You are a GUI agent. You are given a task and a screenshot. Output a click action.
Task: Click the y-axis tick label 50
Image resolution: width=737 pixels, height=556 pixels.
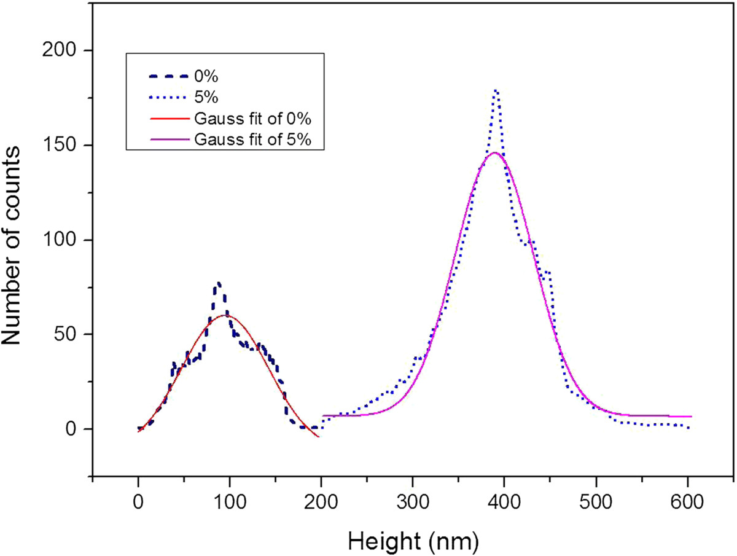click(65, 334)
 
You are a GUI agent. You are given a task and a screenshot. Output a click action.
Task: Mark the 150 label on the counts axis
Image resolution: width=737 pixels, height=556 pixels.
click(59, 146)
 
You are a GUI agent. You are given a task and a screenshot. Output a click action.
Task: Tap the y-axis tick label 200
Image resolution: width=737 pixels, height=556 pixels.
click(59, 50)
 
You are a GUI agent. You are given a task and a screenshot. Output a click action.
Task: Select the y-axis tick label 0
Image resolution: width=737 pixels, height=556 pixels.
click(71, 429)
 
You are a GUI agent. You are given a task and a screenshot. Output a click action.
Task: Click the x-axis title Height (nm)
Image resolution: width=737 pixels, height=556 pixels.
click(413, 541)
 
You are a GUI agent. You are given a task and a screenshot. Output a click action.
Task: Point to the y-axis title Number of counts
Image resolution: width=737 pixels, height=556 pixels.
click(10, 245)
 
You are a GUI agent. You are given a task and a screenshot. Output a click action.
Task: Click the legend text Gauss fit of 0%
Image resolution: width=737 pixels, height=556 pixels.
click(253, 119)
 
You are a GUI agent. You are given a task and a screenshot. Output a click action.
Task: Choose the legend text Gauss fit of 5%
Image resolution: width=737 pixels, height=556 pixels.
click(253, 139)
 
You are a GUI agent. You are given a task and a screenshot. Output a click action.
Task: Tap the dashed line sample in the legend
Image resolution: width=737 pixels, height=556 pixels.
click(168, 77)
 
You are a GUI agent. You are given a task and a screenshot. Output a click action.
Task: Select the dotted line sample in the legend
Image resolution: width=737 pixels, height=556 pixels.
click(167, 98)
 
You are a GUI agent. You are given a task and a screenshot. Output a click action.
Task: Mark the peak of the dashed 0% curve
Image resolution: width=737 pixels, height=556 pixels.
click(219, 283)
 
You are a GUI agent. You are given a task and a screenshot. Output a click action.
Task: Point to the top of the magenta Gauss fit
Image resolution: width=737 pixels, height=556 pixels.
click(494, 152)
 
